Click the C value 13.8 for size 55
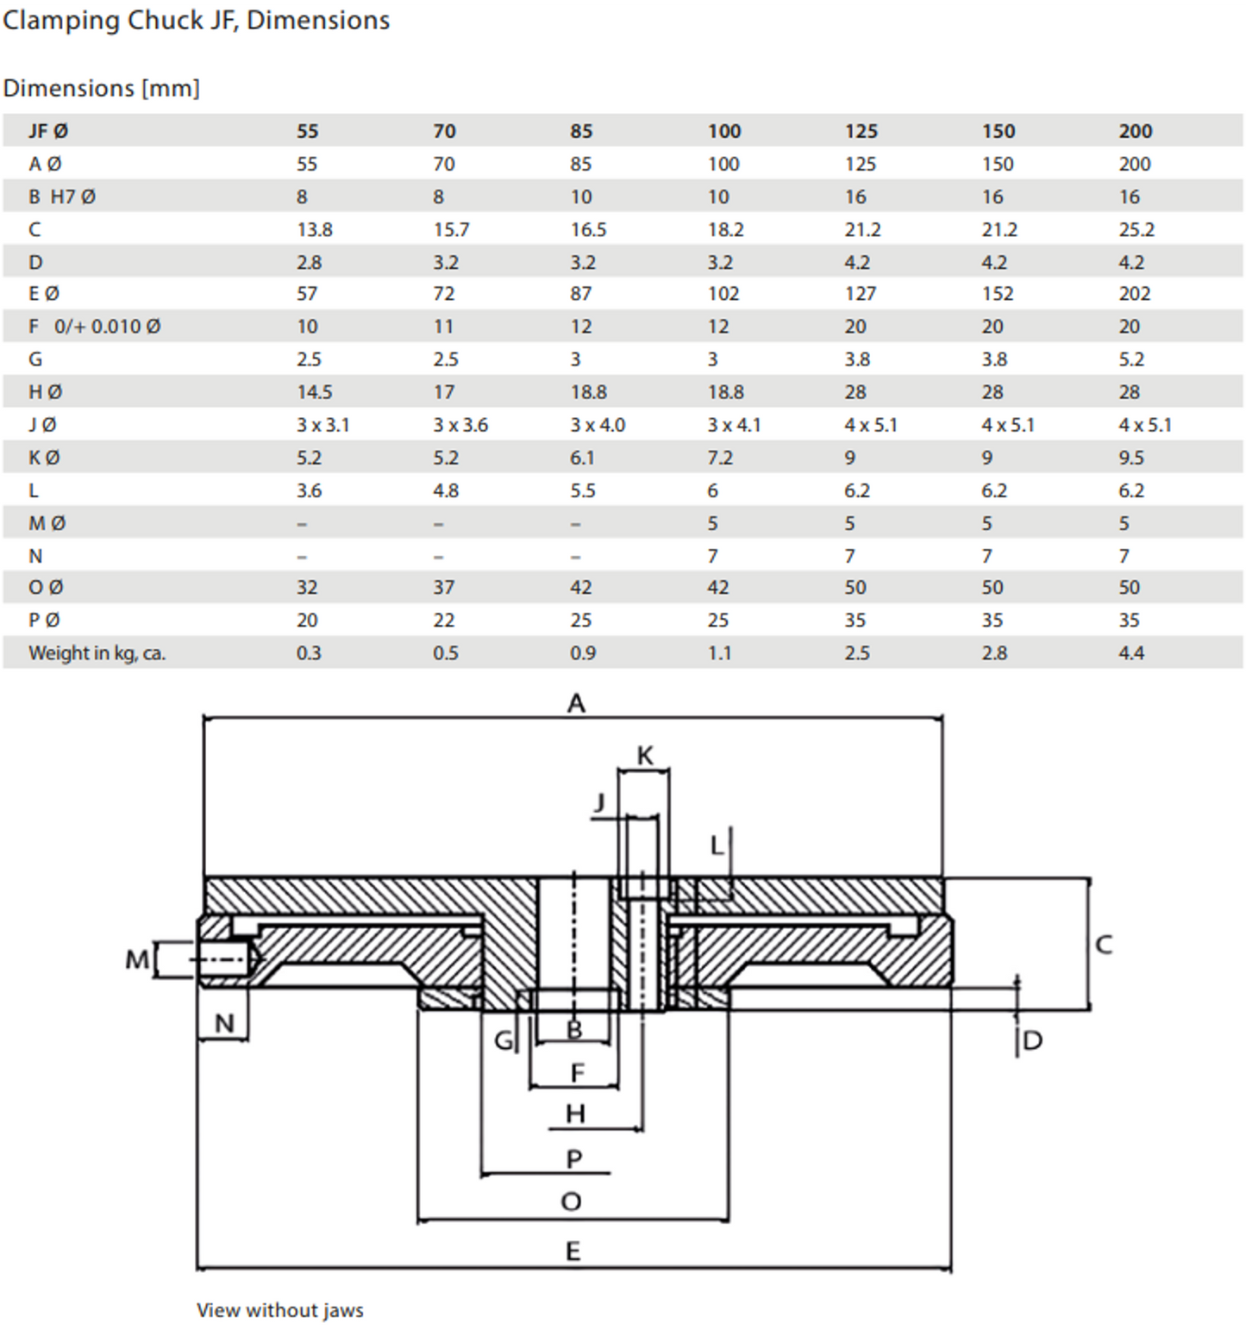click(315, 229)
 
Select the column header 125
click(861, 131)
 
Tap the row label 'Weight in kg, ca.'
click(97, 652)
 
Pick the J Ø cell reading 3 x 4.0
click(597, 425)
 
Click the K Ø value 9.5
click(1131, 458)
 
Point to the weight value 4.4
click(1131, 652)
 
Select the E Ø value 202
click(1134, 294)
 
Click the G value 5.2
click(1131, 359)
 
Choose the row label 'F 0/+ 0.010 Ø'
click(94, 327)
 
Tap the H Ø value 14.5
click(314, 392)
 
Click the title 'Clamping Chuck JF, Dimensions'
click(197, 20)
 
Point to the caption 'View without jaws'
click(279, 1310)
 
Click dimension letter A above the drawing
click(576, 703)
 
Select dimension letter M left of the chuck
click(137, 958)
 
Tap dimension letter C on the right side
click(1104, 945)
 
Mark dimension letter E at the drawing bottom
click(573, 1251)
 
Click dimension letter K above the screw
click(645, 756)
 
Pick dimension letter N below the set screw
click(224, 1023)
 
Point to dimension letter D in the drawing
click(1032, 1040)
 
